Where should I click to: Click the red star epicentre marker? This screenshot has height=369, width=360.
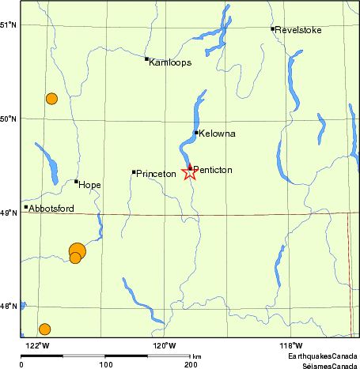[x=189, y=172]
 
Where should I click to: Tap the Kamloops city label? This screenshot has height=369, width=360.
[x=170, y=62]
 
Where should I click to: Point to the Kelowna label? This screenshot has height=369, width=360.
[x=217, y=134]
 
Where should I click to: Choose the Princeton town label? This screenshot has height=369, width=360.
[x=155, y=173]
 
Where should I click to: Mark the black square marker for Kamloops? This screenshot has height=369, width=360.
[x=146, y=58]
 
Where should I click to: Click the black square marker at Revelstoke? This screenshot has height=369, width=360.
[x=273, y=29]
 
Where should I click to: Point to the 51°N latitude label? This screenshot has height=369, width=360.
[x=9, y=25]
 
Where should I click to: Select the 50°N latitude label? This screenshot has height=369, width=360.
[x=9, y=119]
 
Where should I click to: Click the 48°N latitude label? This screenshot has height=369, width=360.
[x=9, y=307]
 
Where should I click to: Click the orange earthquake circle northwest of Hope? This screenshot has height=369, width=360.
[x=51, y=99]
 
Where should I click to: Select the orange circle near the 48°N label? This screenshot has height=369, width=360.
[x=44, y=329]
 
